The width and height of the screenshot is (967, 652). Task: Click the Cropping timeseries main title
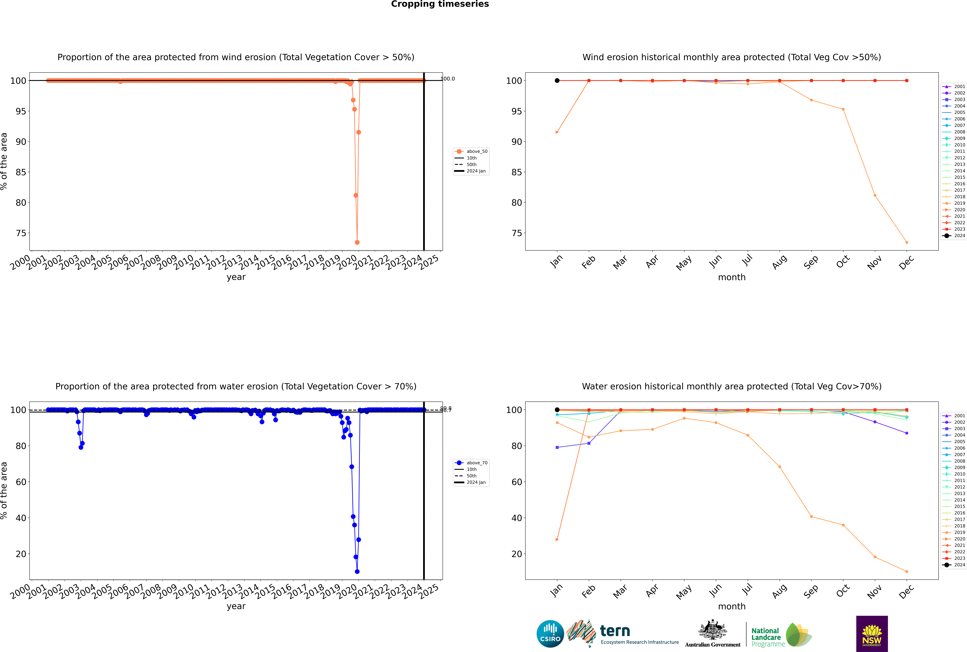(x=440, y=4)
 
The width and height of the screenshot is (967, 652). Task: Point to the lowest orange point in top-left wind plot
(x=357, y=242)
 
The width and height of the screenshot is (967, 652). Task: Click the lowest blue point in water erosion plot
(x=357, y=572)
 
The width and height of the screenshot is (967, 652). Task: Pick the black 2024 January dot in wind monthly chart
(x=557, y=81)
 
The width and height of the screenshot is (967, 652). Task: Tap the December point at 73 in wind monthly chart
(x=907, y=242)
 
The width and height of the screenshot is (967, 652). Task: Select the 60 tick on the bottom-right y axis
(x=517, y=482)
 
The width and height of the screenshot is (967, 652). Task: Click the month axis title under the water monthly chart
(x=732, y=606)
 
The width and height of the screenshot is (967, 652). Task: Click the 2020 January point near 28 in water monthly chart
(x=557, y=540)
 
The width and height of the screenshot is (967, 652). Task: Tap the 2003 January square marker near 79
(x=557, y=447)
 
